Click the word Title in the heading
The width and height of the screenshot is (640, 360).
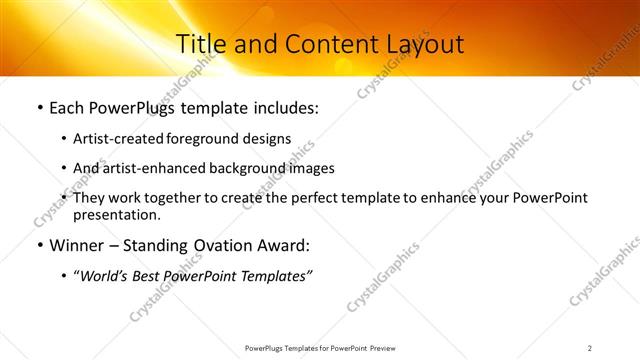coord(199,44)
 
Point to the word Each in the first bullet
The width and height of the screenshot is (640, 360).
coord(67,107)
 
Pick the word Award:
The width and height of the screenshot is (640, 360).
coord(283,245)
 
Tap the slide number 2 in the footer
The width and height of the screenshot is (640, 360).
coord(590,347)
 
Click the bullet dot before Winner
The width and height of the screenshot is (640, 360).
coord(39,245)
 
